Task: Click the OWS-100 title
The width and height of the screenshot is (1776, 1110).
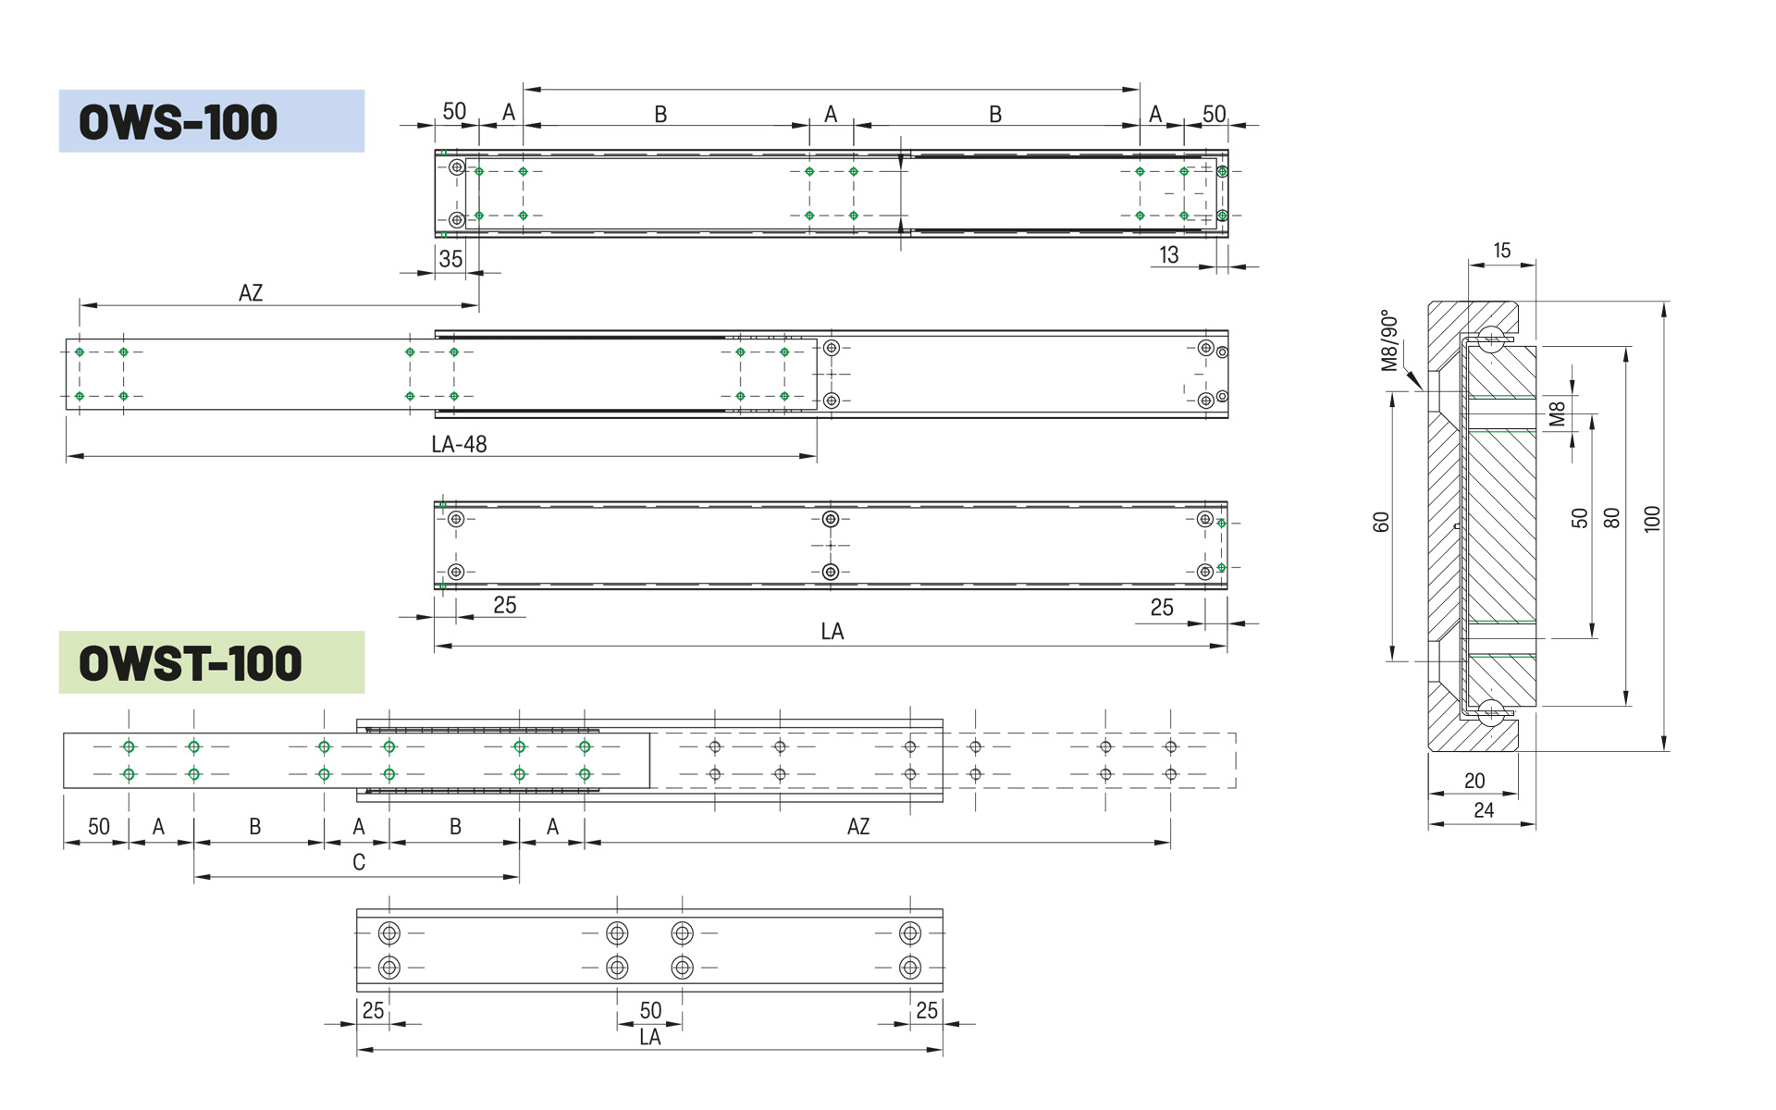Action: tap(179, 122)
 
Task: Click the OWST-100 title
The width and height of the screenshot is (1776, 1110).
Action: tap(191, 663)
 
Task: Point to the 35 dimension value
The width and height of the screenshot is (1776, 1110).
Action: tap(450, 259)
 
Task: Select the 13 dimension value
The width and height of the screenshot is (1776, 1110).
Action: tap(1169, 255)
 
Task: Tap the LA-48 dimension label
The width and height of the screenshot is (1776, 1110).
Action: tap(459, 444)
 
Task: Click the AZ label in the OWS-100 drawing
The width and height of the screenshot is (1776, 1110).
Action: tap(251, 293)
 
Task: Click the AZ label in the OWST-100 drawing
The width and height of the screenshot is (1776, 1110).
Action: tap(858, 827)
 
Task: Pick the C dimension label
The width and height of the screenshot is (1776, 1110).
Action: tap(359, 862)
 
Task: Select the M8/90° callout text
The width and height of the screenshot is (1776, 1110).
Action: tap(1389, 340)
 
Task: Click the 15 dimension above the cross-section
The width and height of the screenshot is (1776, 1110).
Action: tap(1502, 251)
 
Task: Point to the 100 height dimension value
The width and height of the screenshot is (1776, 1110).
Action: tap(1652, 519)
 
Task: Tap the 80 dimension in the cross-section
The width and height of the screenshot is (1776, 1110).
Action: tap(1611, 518)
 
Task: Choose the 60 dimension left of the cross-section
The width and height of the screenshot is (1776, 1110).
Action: tap(1381, 523)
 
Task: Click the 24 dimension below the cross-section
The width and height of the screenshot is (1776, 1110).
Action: tap(1484, 810)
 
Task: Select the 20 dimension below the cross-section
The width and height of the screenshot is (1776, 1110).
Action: tap(1474, 781)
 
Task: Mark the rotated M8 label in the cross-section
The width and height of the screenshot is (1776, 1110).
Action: tap(1558, 413)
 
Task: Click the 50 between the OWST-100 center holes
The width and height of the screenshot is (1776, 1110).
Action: tap(650, 1010)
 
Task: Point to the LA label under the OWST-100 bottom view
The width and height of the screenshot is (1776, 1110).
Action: tap(650, 1037)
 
